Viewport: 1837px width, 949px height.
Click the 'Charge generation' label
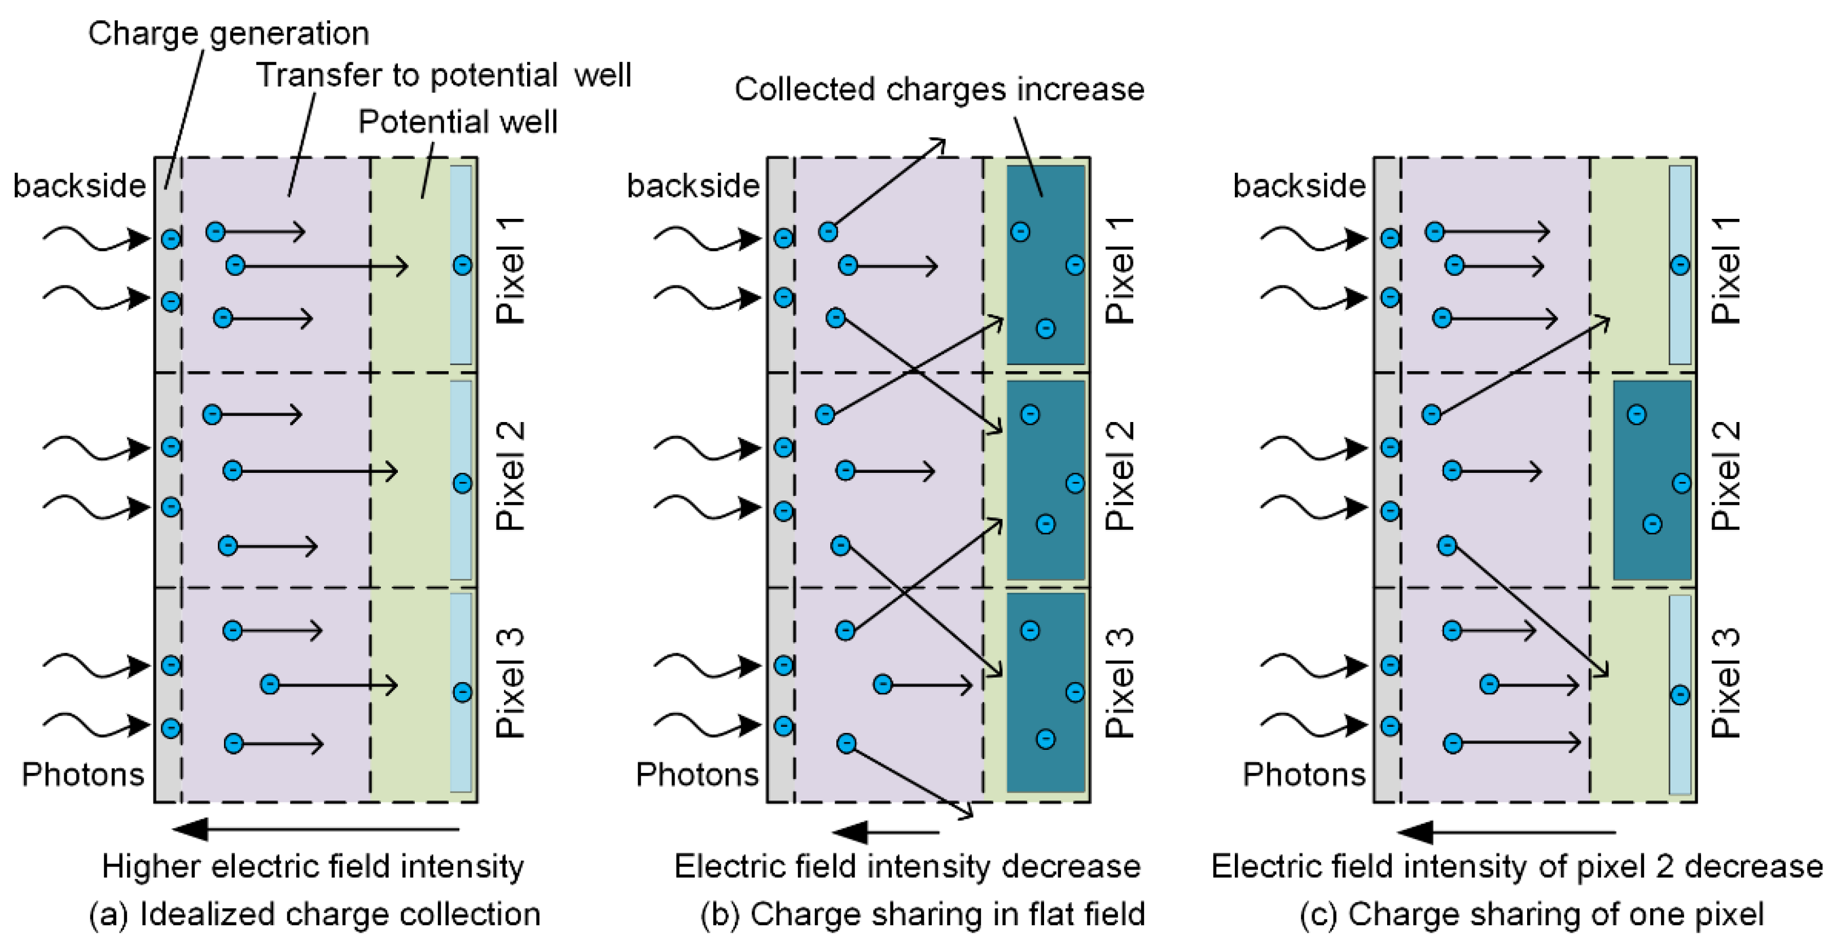point(228,33)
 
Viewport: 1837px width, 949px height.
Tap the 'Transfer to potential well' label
point(444,75)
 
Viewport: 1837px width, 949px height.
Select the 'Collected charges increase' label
point(939,90)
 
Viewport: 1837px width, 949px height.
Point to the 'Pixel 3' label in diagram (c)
point(1726,683)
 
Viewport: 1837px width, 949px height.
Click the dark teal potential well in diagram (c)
point(1651,480)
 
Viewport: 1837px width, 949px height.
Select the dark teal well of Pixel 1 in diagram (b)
point(1045,265)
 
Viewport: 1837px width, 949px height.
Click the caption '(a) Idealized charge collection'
point(314,914)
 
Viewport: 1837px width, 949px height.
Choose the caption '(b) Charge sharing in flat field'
point(923,914)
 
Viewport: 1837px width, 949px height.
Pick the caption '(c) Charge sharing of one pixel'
point(1531,914)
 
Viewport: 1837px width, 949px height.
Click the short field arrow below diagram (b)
point(885,832)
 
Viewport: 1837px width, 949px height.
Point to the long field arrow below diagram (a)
point(316,829)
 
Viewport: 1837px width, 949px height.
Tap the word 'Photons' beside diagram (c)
point(1304,774)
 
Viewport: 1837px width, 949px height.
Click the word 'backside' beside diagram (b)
point(693,186)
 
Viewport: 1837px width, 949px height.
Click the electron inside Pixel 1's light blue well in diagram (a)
point(462,265)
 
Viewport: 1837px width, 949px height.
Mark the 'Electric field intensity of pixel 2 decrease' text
point(1517,867)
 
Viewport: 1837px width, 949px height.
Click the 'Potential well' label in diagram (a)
point(458,122)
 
